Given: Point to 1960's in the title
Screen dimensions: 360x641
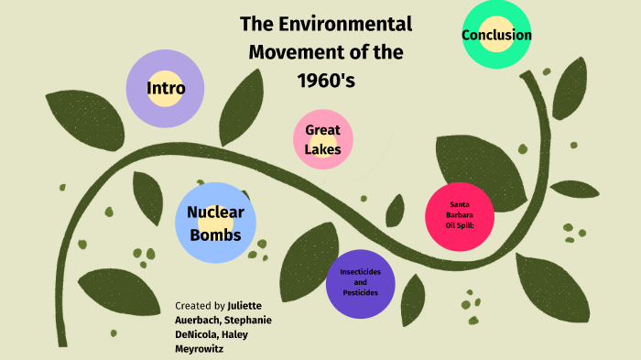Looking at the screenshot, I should tap(325, 80).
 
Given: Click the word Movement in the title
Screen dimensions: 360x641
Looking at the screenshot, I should tap(299, 52).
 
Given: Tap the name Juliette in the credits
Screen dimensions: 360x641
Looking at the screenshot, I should tap(248, 305).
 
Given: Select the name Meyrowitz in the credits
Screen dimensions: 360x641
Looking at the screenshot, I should tap(201, 348).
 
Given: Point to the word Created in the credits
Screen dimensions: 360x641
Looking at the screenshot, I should tap(191, 305).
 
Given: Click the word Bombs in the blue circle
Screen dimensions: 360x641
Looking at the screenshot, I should tap(215, 235).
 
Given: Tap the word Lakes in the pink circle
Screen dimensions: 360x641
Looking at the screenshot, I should tap(323, 149).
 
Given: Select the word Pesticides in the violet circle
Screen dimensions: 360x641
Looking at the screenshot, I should tap(366, 292).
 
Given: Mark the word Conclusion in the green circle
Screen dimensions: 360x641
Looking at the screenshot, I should tap(496, 36).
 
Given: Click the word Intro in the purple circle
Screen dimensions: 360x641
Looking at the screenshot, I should tap(166, 89).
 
